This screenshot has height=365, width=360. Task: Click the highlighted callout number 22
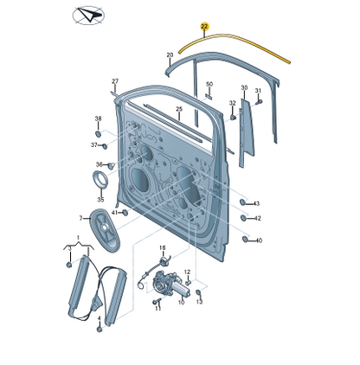click(x=204, y=27)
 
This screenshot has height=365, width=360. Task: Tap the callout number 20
click(x=170, y=54)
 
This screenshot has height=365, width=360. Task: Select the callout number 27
click(x=115, y=81)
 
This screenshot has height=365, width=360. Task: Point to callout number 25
click(x=179, y=109)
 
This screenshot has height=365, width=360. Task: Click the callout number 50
click(x=209, y=84)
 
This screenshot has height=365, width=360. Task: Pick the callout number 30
click(x=244, y=87)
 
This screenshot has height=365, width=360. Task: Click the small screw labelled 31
click(x=259, y=101)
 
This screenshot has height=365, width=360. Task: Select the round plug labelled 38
click(x=99, y=134)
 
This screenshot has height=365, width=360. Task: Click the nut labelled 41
click(x=125, y=213)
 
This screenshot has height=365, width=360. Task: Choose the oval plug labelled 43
click(x=243, y=202)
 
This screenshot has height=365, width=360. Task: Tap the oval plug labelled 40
click(x=245, y=239)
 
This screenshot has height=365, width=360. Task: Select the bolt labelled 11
click(x=156, y=302)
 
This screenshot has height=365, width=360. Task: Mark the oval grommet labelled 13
click(x=199, y=292)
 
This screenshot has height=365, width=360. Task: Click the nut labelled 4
click(x=100, y=330)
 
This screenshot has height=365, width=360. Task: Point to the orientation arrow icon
click(x=88, y=16)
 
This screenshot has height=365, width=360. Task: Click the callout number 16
click(x=163, y=247)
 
